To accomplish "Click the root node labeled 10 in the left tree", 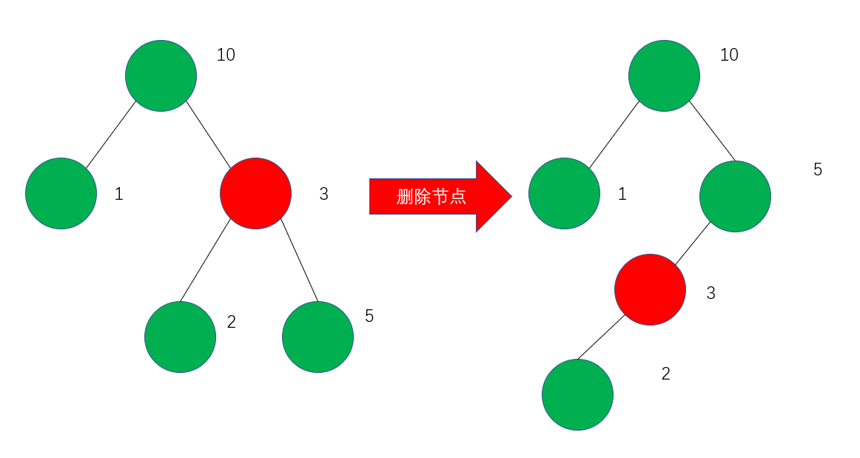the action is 161,75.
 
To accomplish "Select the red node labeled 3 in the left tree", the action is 255,193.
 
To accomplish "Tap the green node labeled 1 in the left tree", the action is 61,193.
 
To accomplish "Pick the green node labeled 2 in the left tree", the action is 180,337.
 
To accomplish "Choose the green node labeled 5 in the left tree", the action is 318,337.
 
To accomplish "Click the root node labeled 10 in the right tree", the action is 664,75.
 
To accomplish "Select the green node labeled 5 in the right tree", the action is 735,196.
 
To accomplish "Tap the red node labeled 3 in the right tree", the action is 650,289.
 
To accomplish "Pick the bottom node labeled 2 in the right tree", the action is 577,394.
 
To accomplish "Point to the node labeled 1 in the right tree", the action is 564,193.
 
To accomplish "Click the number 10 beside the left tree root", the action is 226,55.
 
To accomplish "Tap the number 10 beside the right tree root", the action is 729,55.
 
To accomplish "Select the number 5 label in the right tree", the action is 817,169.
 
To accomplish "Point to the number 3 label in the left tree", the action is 323,194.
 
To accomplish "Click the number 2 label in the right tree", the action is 665,374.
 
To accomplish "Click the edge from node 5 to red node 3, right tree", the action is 692,243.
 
